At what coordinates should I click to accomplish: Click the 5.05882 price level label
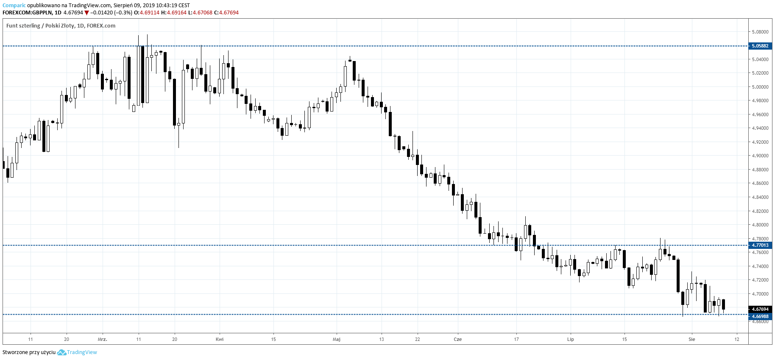tap(760, 46)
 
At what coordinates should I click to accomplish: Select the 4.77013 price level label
tap(760, 245)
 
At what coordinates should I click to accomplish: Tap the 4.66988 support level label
tap(760, 316)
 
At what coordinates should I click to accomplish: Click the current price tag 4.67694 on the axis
tap(760, 309)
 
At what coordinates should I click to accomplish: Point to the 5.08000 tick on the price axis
tap(760, 32)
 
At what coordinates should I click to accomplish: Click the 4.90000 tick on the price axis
tap(760, 156)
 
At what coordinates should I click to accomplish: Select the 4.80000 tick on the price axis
tap(760, 225)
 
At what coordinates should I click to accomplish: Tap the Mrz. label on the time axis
tap(102, 339)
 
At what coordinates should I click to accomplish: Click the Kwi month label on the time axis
tap(220, 339)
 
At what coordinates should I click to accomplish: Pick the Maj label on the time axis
tap(337, 339)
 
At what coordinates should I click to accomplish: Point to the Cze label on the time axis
tap(457, 339)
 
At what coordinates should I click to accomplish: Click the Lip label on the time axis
tap(570, 339)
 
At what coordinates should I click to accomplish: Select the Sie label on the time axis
tap(692, 339)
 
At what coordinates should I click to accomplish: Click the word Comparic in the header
tap(14, 6)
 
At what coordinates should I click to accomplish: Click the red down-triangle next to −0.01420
tap(86, 13)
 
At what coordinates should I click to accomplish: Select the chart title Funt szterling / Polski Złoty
tap(40, 26)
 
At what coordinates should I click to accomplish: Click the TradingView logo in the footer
tap(77, 352)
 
